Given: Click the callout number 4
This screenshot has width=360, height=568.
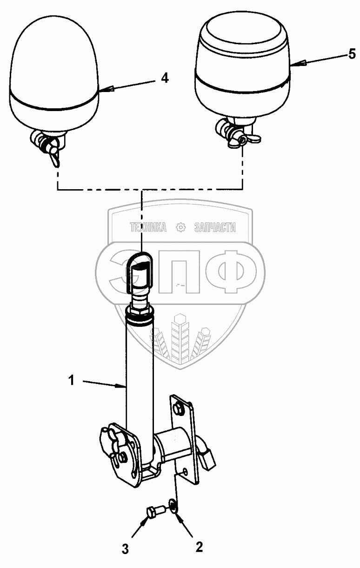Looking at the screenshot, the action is (165, 78).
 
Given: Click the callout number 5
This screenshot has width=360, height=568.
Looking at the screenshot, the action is (352, 54).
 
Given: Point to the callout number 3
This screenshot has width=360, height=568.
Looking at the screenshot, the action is (125, 549).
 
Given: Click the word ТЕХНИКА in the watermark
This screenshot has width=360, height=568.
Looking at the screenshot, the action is (148, 227).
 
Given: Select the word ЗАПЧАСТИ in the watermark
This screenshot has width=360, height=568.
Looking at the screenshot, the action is (214, 227).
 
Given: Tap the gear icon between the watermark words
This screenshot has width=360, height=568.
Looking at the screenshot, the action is (180, 227).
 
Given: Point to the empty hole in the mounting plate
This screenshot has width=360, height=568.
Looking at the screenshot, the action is (186, 471).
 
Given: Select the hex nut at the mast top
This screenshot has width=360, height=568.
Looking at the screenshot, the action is (140, 307).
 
